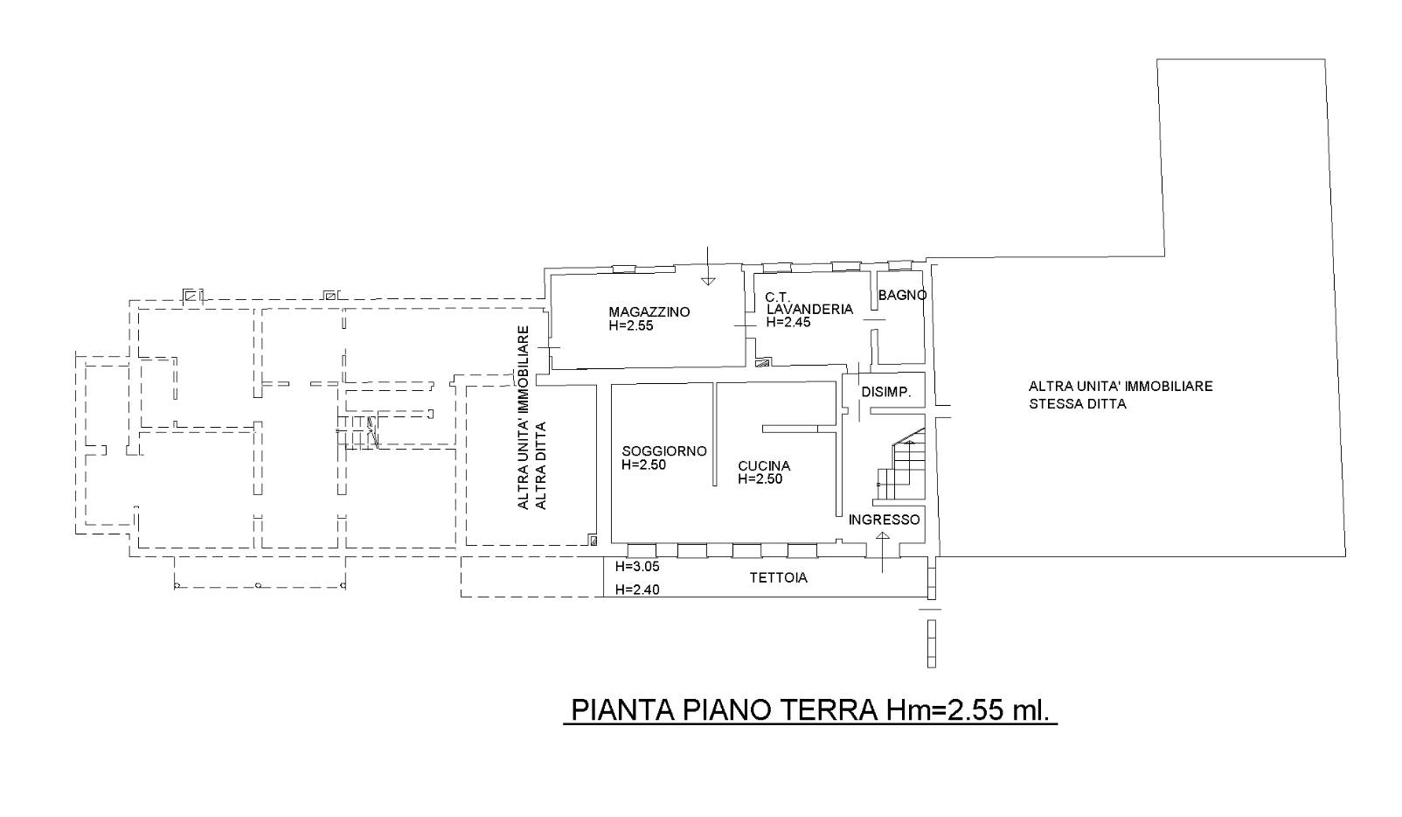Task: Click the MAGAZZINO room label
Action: pos(649,311)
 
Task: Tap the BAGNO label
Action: pos(902,295)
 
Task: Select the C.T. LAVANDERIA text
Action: pos(809,304)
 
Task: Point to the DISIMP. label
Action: pos(885,392)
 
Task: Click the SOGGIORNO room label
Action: pos(664,451)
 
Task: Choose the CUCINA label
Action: pos(764,466)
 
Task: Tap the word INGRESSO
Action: pos(884,520)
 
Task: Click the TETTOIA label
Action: pos(779,577)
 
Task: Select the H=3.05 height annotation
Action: pos(637,566)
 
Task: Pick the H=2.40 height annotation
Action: pos(637,590)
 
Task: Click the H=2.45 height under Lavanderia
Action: pos(788,322)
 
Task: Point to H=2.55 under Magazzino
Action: pos(631,325)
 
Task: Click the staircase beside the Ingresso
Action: pos(899,464)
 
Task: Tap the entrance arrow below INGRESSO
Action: pos(883,552)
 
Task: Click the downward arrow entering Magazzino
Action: pos(707,266)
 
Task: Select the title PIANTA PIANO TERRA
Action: pos(724,710)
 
